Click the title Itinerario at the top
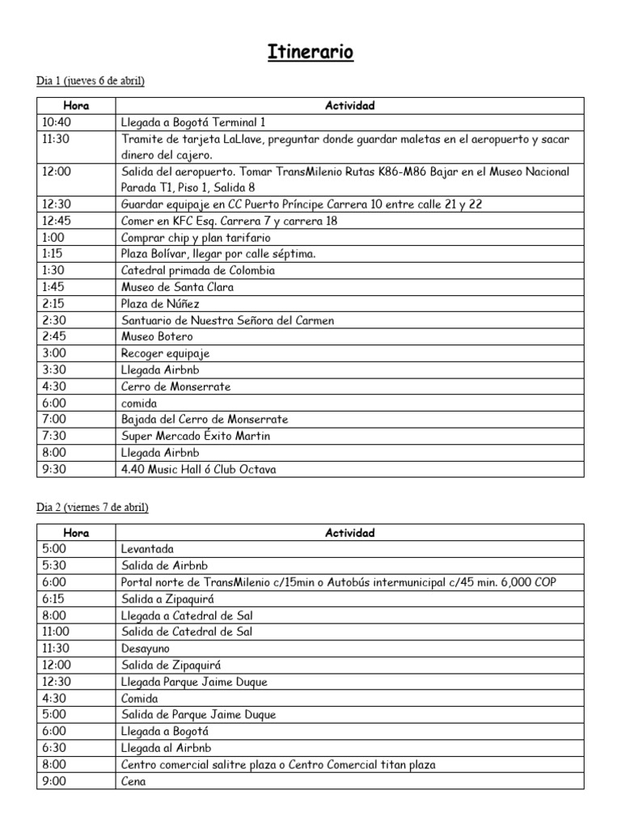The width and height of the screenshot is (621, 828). tap(310, 53)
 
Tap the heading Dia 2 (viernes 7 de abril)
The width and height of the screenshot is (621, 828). tap(93, 508)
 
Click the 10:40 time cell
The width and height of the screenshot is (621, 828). tap(53, 122)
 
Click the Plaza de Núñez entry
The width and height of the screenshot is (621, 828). tap(159, 304)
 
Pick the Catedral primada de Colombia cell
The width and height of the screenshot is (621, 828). tap(197, 271)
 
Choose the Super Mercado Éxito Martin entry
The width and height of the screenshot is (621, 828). tap(195, 436)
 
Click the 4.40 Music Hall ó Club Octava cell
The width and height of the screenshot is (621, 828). tap(198, 469)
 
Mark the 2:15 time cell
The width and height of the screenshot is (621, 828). tap(51, 304)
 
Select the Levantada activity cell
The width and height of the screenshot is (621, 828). tap(147, 549)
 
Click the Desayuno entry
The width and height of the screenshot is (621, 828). tap(146, 648)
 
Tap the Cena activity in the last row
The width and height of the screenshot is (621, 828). tap(133, 781)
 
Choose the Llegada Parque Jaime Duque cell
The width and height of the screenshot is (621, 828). tap(194, 682)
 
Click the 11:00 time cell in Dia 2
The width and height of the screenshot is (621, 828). tap(53, 632)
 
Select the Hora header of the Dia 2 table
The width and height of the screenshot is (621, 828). tap(76, 533)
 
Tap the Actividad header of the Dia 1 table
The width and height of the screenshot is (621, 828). tap(349, 106)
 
